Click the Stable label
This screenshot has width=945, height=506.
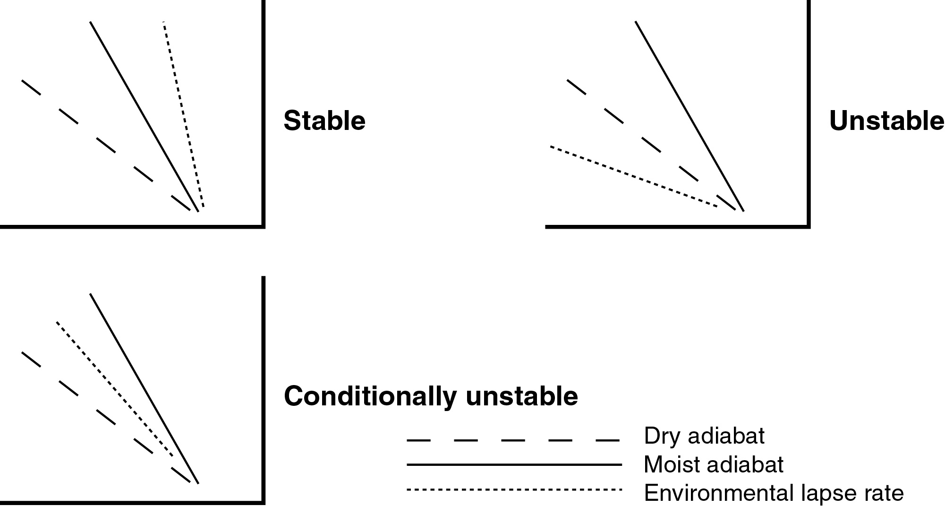[324, 121]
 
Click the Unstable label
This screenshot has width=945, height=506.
[886, 121]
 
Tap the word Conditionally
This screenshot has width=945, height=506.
[371, 397]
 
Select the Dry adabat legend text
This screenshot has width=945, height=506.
[704, 436]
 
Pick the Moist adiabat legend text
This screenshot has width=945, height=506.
[713, 465]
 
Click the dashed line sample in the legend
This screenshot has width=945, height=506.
[513, 441]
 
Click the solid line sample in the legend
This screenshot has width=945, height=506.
[514, 465]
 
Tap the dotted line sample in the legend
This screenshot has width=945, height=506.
[514, 489]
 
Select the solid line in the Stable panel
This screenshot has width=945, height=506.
[144, 116]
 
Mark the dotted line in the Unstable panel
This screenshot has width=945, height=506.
[633, 177]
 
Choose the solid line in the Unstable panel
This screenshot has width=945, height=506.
[690, 116]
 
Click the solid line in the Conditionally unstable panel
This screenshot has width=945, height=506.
[144, 388]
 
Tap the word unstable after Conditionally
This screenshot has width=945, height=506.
[522, 396]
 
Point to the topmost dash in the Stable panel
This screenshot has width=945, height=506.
[31, 87]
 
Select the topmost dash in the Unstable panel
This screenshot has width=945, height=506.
[576, 87]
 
